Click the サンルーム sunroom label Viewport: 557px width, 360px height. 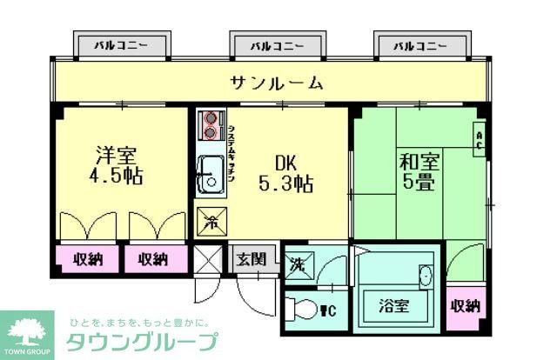point(277,83)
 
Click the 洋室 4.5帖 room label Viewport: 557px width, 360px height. point(117,165)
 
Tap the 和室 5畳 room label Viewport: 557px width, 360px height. point(418,171)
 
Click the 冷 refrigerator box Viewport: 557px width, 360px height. point(210,221)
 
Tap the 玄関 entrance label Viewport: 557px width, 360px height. point(254,259)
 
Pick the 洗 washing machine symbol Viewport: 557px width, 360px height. point(298,263)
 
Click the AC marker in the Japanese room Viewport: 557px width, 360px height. point(479,139)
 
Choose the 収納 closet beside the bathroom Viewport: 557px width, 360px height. point(465,305)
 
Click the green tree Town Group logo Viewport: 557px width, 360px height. point(27,330)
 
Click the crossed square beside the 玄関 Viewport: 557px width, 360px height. point(209,259)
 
